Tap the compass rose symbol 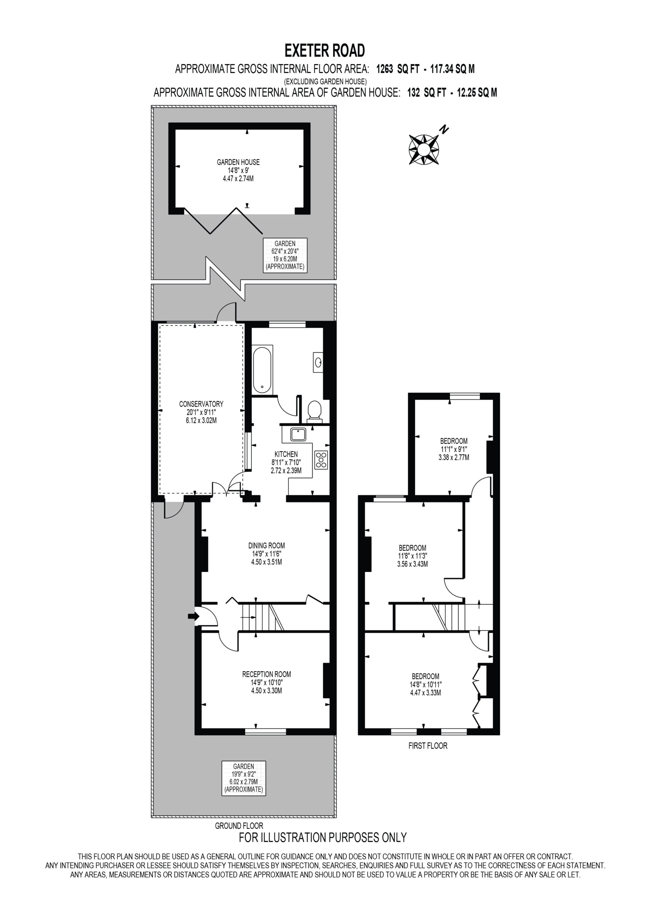pos(424,150)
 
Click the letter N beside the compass pos(443,129)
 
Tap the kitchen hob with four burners pos(322,460)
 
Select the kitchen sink pos(298,435)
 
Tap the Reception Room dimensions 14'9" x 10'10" pos(267,682)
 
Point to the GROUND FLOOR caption pos(239,826)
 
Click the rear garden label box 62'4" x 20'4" pos(285,255)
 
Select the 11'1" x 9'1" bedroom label pos(454,449)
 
